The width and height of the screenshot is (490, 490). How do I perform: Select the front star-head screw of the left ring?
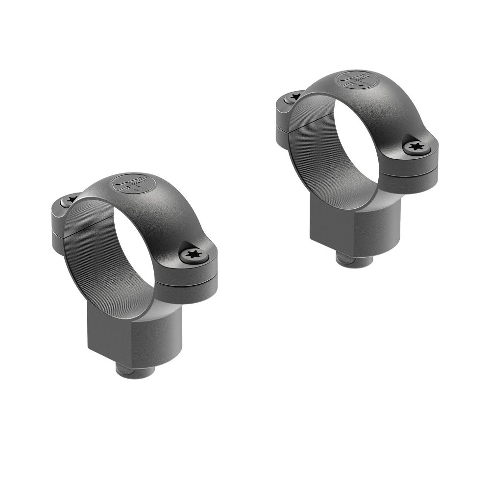pyautogui.click(x=191, y=254)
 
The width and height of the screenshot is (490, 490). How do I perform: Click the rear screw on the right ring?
pyautogui.click(x=294, y=97)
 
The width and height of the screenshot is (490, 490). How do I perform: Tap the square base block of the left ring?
pyautogui.click(x=135, y=333)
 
